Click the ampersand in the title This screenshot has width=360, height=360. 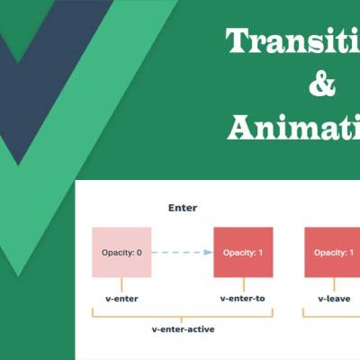[x=321, y=85]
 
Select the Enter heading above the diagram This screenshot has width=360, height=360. [x=183, y=208]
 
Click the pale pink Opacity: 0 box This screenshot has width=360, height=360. [x=120, y=252]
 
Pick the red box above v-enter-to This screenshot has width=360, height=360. [x=244, y=252]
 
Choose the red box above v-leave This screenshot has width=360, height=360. [x=333, y=252]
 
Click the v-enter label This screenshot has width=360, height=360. [x=120, y=296]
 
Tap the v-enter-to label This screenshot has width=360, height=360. [x=244, y=296]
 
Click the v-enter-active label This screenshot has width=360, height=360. [x=183, y=329]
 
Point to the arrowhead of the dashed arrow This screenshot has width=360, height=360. [x=208, y=252]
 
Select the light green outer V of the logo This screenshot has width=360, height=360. [x=99, y=108]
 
